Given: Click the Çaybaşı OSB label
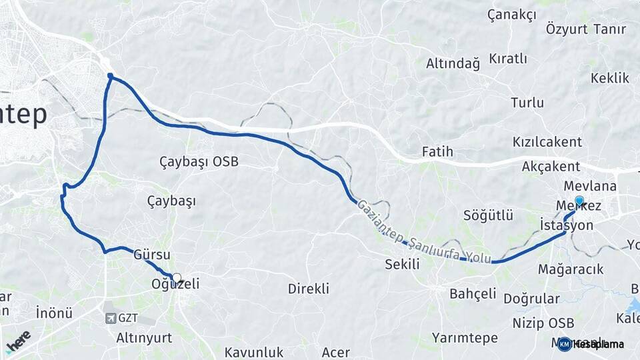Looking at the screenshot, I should tap(199, 161).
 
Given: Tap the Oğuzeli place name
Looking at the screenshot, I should tap(176, 285).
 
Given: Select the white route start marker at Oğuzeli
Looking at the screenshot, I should tap(176, 278).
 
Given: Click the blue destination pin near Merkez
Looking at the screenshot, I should tap(579, 201).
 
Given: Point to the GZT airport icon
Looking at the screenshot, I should tap(111, 319).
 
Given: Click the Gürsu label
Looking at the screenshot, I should tap(152, 255).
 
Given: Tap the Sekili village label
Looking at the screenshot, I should tap(402, 264).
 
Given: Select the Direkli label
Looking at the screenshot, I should tap(309, 289).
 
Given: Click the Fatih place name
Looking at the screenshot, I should tap(437, 152).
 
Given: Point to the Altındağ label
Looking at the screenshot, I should tap(453, 64).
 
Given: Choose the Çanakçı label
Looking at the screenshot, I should tap(512, 14).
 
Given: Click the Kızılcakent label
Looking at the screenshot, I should tap(547, 142).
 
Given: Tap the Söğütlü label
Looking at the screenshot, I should tap(489, 215).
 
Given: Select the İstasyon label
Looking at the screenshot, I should tap(567, 225).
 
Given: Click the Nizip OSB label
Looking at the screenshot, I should tap(543, 323).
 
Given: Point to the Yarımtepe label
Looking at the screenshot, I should tap(465, 338).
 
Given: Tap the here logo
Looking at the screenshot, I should tap(18, 341).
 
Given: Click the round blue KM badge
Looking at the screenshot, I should tap(565, 344).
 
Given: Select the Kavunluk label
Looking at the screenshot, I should tap(254, 352).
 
